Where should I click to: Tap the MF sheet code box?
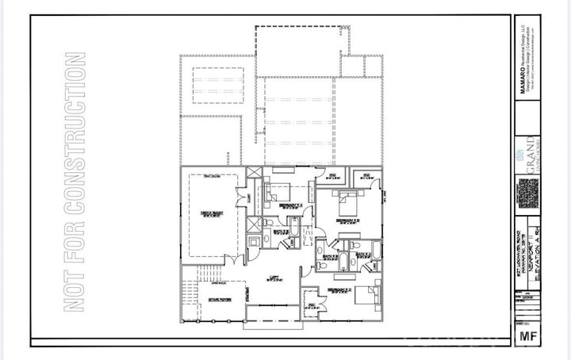[x=528, y=335]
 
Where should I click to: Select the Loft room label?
[x=274, y=278]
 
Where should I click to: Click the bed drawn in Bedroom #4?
[x=278, y=190]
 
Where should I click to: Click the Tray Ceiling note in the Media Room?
[x=211, y=176]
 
